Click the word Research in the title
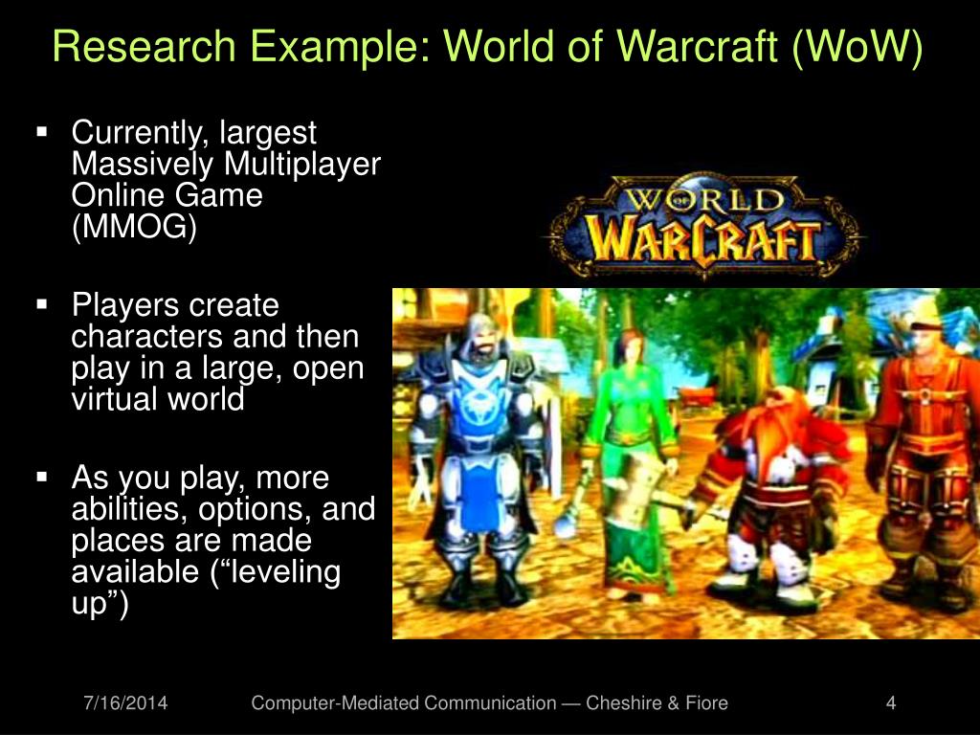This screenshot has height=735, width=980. pos(145,46)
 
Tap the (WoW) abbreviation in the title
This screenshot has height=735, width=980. pos(857,47)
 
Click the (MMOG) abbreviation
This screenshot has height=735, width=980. pos(134,226)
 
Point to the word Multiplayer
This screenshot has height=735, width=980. pos(301,165)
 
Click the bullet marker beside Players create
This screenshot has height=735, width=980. pos(42,304)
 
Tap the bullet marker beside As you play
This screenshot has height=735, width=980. pos(42,477)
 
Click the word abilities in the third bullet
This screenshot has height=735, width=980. pos(129,509)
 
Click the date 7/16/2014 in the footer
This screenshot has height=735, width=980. pos(125,702)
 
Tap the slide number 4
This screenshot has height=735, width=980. pos(891,702)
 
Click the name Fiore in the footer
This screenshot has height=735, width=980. pos(707,702)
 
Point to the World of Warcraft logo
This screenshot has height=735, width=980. pos(704,227)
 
